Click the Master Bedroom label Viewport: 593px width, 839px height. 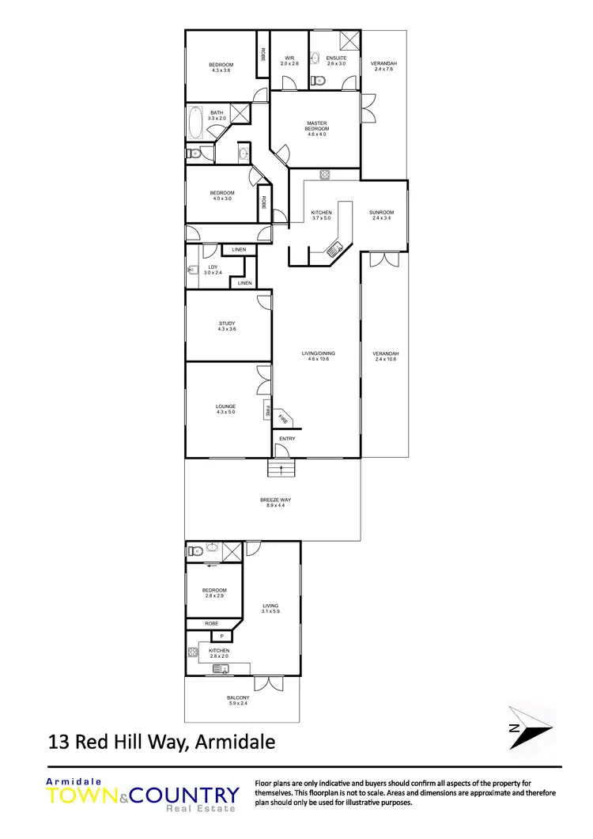click(x=317, y=128)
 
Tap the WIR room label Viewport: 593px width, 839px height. click(x=289, y=60)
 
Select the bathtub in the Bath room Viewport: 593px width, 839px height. click(x=196, y=124)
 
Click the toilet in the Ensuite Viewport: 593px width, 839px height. click(x=318, y=81)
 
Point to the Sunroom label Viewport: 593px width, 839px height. click(x=382, y=216)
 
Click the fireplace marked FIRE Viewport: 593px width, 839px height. click(x=268, y=412)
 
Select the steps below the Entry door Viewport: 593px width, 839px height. click(x=280, y=470)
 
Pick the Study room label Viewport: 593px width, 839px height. click(x=227, y=326)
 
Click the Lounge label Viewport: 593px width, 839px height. click(x=226, y=409)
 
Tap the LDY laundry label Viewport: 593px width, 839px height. click(x=213, y=270)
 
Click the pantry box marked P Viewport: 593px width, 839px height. click(x=222, y=635)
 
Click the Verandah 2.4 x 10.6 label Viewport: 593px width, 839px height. click(x=386, y=356)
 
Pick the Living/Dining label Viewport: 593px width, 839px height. click(x=318, y=356)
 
